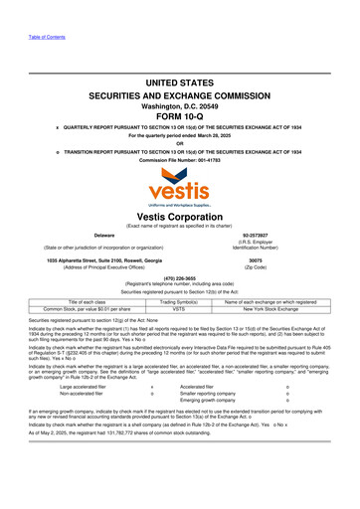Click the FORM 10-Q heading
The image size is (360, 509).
click(179, 111)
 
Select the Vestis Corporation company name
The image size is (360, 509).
click(179, 216)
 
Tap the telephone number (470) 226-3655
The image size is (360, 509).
click(179, 278)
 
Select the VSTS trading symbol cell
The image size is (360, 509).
click(179, 309)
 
